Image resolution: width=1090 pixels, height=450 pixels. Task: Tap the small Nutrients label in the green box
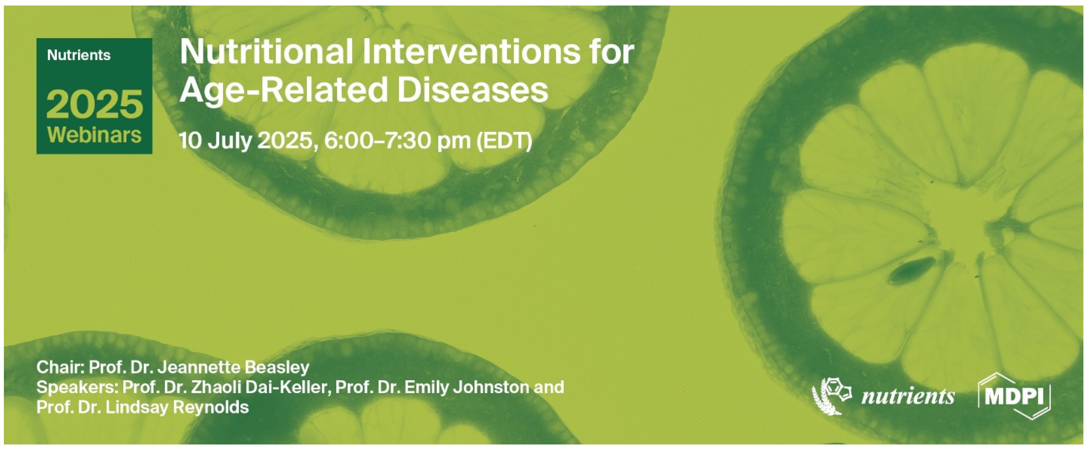[79, 55]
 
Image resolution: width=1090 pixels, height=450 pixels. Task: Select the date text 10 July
[216, 141]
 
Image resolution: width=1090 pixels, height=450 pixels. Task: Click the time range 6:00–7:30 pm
[397, 141]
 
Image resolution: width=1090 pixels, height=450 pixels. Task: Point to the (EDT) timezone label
[504, 141]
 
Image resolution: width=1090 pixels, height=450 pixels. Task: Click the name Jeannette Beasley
[233, 367]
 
